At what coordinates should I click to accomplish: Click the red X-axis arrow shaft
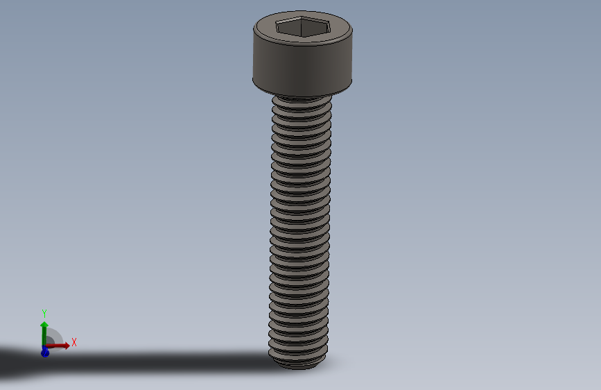pos(55,346)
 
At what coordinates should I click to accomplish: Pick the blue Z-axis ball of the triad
pos(45,353)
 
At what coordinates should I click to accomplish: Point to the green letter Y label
pos(44,313)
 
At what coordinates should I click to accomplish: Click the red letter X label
pos(73,342)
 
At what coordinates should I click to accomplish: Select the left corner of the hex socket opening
pos(275,26)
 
